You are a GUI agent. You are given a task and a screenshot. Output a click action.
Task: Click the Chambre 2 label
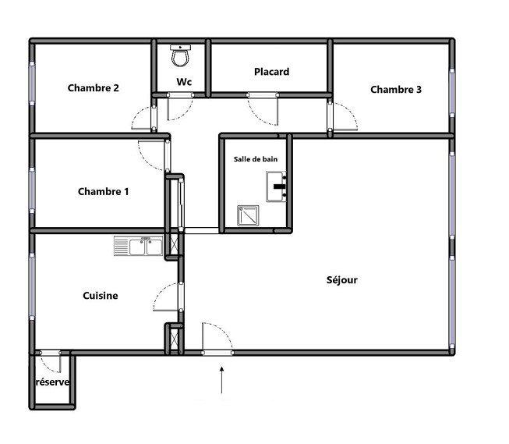pos(93,88)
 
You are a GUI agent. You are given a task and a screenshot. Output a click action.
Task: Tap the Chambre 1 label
pos(103,192)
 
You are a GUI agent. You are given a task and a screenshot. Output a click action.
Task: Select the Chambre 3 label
pos(395,90)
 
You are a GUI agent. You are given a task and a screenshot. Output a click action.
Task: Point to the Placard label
pos(271,72)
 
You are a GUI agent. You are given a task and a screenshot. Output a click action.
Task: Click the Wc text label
pos(184,82)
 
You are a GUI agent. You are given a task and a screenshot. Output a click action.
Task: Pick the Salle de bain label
pos(256,159)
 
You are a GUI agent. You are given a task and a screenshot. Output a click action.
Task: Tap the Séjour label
pos(341,280)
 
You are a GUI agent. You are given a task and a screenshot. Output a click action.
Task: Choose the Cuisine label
pos(101,296)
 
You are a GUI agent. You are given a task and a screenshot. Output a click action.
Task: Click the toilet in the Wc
pos(181,55)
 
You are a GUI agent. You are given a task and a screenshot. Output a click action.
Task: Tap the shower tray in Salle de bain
pos(249,215)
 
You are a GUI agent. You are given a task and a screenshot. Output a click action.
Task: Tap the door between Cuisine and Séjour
pos(168,297)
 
